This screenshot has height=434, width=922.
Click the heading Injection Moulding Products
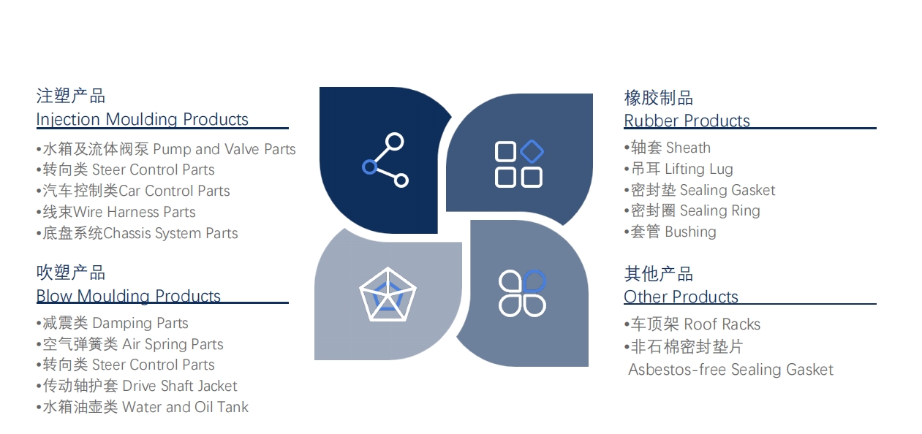click(143, 119)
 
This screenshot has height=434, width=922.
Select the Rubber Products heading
click(687, 121)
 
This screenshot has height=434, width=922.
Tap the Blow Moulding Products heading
click(129, 296)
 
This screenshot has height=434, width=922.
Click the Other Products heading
click(681, 297)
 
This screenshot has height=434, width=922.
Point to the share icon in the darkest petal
click(385, 160)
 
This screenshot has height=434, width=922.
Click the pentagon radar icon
click(388, 294)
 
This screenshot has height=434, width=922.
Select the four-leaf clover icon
click(522, 293)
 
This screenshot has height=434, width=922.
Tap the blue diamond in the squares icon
click(532, 151)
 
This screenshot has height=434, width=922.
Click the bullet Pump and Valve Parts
click(166, 149)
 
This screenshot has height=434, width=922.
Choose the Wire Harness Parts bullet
click(116, 212)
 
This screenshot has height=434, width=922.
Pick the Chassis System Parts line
click(137, 233)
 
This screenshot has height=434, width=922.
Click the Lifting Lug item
click(679, 169)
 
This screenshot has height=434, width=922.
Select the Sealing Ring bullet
click(692, 210)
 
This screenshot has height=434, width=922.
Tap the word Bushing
click(691, 232)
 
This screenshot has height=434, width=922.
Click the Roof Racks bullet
click(692, 324)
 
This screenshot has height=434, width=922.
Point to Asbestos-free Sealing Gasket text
click(730, 370)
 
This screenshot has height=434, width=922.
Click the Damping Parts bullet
click(112, 323)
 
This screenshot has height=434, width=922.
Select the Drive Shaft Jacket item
click(137, 386)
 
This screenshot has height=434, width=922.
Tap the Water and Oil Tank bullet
click(142, 407)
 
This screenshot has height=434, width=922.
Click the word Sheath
click(688, 148)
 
